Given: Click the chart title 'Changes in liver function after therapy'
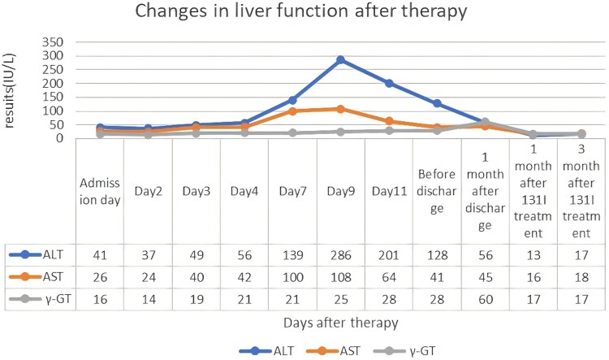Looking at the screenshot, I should point(304,13).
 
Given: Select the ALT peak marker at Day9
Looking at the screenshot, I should point(340,60).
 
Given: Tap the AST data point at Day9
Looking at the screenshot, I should point(340,109).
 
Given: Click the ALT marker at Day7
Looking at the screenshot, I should point(292,100).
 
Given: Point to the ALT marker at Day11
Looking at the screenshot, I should point(389,84).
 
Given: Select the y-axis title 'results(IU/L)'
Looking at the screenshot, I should point(12,89).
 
